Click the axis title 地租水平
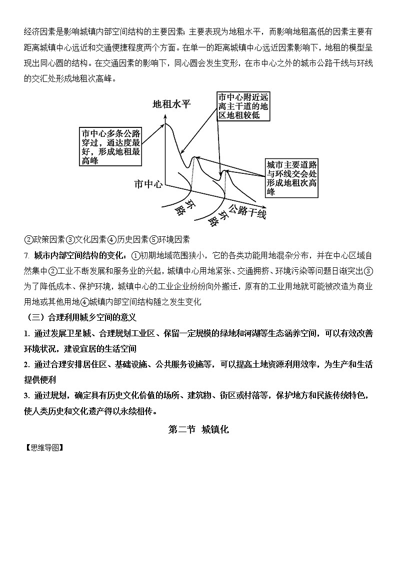(x=171, y=104)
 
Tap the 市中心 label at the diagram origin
(x=148, y=184)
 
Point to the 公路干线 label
(x=247, y=212)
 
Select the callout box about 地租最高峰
(x=111, y=146)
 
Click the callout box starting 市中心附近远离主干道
(x=243, y=105)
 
